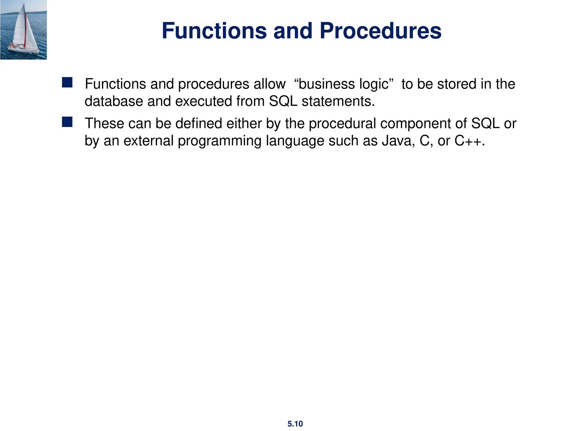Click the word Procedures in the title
[380, 31]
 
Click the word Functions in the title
[214, 31]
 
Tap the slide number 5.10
[295, 424]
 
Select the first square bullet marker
[67, 82]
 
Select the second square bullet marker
[67, 122]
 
